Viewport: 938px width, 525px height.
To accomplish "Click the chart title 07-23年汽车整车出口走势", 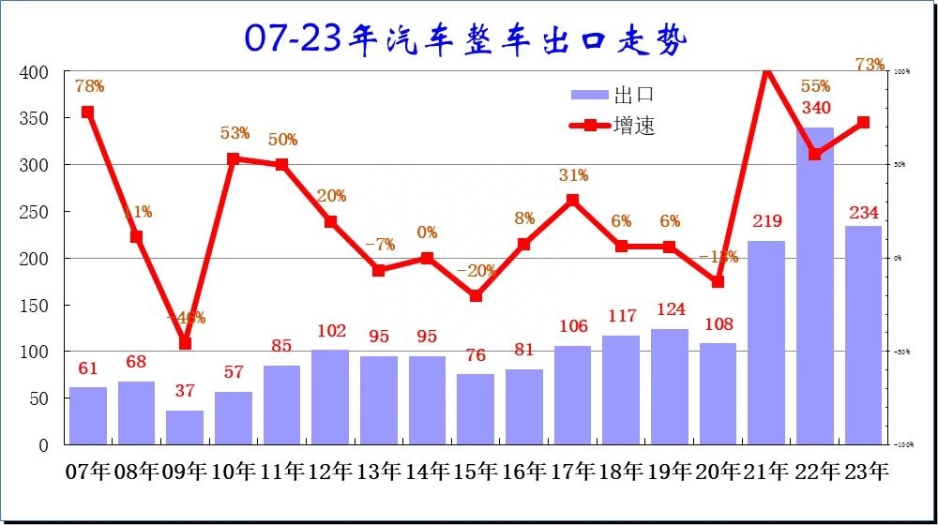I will [x=466, y=38].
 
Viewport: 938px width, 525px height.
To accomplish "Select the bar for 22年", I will [x=814, y=286].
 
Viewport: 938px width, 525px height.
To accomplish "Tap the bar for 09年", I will [x=185, y=427].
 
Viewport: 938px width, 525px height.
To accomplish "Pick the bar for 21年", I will [x=766, y=342].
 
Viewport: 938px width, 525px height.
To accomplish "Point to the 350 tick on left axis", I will [x=34, y=118].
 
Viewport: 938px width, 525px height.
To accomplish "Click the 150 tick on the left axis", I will [x=34, y=306].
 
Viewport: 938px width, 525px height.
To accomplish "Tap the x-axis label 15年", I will [x=477, y=472].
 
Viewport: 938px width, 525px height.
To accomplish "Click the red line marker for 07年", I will [x=87, y=112].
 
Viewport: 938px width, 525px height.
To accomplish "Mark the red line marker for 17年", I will [x=572, y=200].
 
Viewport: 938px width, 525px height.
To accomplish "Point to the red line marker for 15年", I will [x=476, y=295].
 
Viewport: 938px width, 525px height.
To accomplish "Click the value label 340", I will [x=815, y=109].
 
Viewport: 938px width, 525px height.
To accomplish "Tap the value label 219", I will [x=766, y=222].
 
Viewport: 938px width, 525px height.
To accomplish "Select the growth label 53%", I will [x=234, y=133].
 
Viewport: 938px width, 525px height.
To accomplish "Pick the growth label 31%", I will [x=572, y=175].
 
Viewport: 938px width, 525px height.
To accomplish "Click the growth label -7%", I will [x=379, y=245].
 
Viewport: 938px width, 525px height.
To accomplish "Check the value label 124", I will [x=670, y=309].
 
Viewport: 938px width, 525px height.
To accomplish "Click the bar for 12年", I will [x=330, y=397].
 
